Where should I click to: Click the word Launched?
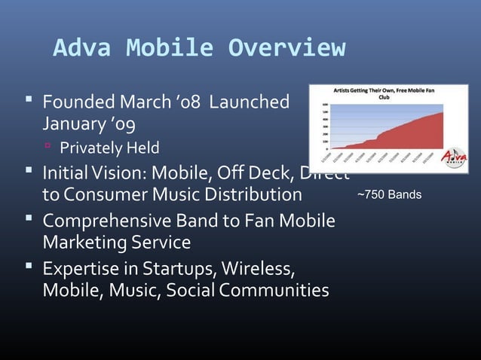(249, 101)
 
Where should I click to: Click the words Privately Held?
(109, 147)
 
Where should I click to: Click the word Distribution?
(248, 195)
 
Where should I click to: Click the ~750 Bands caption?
(389, 195)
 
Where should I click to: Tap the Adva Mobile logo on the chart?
(454, 157)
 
